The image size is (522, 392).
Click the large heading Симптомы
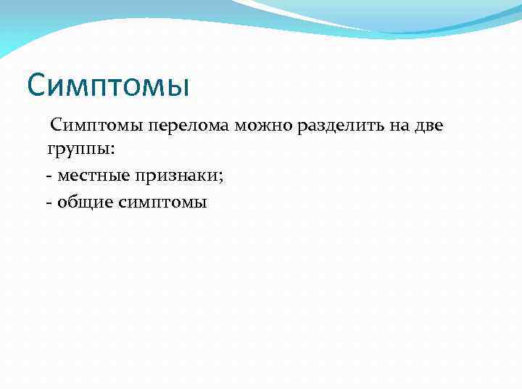[108, 86]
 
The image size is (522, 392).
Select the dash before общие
[49, 203]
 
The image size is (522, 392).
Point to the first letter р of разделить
[301, 128]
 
